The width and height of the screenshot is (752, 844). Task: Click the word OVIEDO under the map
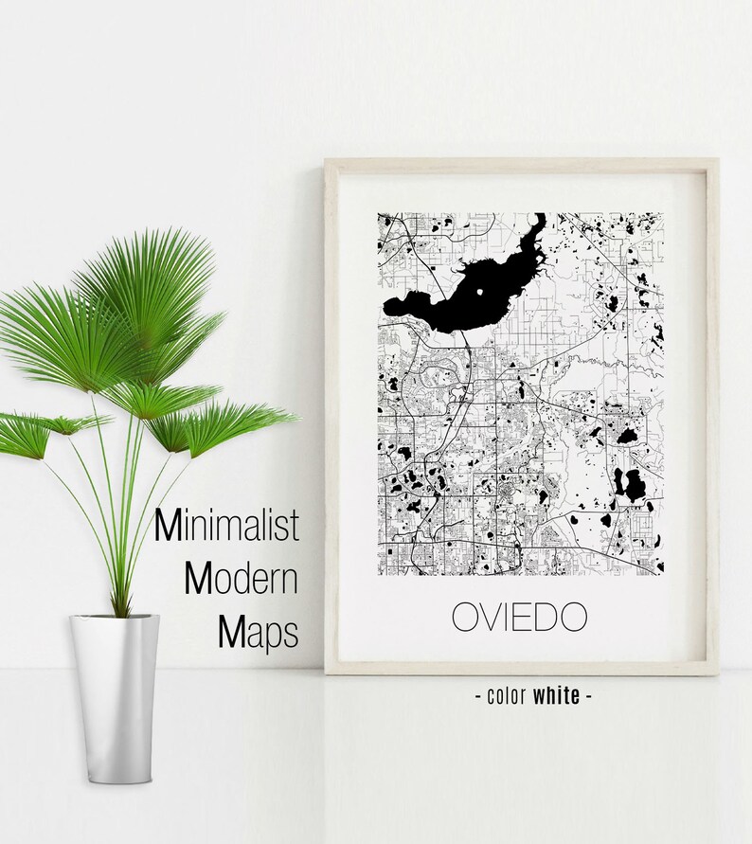(519, 617)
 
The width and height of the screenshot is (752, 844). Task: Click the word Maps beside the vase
(258, 632)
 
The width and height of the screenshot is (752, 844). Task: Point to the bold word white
(556, 696)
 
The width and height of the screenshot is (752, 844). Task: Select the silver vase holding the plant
(114, 682)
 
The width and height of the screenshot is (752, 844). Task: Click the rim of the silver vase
(114, 618)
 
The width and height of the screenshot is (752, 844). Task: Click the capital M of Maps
(232, 632)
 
